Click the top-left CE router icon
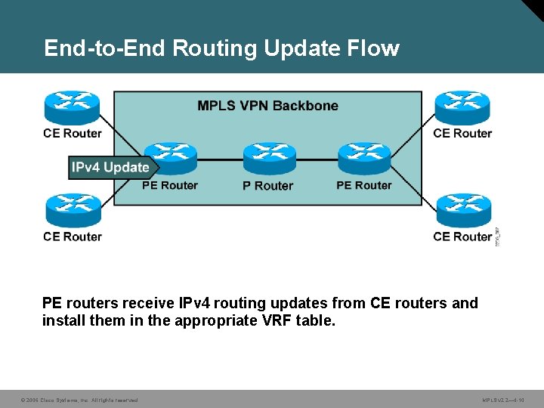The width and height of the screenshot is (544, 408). click(72, 108)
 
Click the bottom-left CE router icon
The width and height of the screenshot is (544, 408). click(72, 211)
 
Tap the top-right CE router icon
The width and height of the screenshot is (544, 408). click(462, 108)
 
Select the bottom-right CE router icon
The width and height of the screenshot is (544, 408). click(462, 211)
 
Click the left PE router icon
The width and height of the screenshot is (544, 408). click(169, 158)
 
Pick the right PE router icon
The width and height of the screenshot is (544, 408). click(363, 158)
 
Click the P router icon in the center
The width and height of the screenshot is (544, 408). click(269, 158)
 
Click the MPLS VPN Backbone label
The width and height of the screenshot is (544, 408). click(267, 106)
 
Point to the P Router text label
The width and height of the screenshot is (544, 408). click(267, 186)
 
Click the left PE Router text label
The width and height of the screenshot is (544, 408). click(169, 185)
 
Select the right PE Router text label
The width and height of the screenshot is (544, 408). click(363, 185)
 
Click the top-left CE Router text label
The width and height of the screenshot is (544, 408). click(73, 134)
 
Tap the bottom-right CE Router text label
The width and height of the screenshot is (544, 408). click(462, 236)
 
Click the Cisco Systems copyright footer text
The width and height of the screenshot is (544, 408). click(79, 400)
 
